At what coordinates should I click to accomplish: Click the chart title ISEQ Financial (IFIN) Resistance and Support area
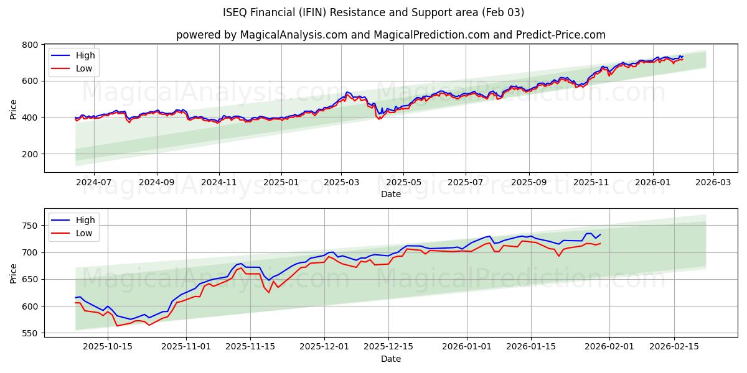(x=374, y=12)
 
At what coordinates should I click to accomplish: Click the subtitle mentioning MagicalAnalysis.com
(x=391, y=35)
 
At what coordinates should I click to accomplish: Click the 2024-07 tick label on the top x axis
(x=94, y=183)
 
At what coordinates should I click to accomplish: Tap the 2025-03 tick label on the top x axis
(x=341, y=183)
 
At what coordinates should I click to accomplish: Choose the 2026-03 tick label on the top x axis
(x=713, y=183)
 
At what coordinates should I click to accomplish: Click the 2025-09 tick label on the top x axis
(x=529, y=183)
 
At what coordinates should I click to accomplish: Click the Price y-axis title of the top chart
(x=14, y=108)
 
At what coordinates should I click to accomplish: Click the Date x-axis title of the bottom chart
(x=391, y=359)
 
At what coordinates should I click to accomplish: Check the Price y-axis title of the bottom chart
(x=14, y=273)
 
